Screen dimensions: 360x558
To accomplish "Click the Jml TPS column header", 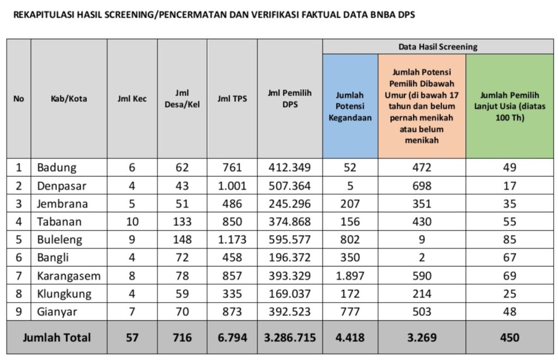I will [x=232, y=99].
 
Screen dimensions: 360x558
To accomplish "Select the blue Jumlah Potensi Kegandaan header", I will [x=350, y=106].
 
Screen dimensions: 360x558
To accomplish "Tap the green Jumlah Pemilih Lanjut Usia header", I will [x=510, y=106].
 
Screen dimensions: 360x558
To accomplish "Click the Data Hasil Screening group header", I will [x=438, y=47].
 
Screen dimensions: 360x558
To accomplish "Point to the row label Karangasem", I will [x=69, y=276].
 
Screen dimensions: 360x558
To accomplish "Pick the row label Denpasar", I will [x=62, y=186].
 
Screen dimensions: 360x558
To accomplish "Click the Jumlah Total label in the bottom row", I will [x=57, y=338].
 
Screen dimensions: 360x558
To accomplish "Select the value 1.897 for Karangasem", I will [x=350, y=276].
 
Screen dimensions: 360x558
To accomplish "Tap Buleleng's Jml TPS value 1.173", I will [x=232, y=240].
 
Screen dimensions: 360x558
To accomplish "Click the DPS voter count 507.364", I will [x=289, y=186].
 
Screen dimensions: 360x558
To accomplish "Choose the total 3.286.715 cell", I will [x=289, y=338].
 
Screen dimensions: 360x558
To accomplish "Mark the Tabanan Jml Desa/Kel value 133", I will [x=182, y=222].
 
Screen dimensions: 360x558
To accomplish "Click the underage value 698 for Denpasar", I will [x=422, y=186].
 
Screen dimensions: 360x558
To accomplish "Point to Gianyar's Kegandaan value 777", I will [x=350, y=312].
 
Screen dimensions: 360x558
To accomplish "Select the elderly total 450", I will [x=510, y=338].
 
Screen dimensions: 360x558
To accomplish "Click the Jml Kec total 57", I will [x=132, y=338].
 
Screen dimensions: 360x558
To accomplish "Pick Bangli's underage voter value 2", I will [x=422, y=258].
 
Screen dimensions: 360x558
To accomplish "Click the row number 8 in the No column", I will [x=19, y=294].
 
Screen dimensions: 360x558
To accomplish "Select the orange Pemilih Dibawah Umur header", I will [x=422, y=106].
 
